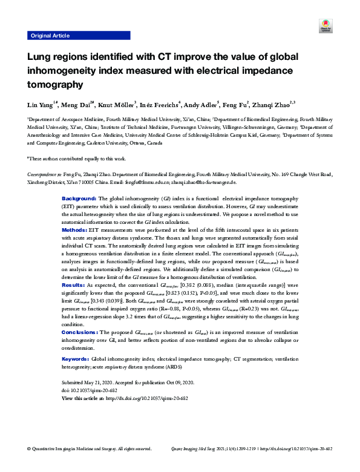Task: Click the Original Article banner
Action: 49,36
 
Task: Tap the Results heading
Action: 73,284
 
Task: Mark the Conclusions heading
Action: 80,332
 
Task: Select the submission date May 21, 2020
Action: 108,384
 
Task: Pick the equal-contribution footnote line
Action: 76,158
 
